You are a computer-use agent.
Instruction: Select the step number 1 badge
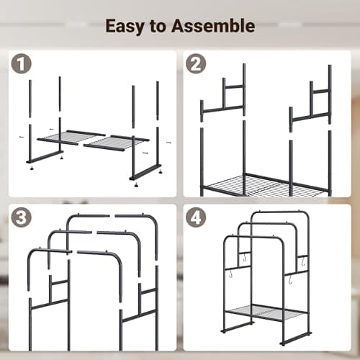(21, 64)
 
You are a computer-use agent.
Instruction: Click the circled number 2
(195, 64)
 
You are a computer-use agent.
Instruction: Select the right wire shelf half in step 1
(115, 141)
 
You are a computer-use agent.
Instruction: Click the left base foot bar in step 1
(45, 157)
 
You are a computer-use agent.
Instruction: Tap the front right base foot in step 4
(295, 337)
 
